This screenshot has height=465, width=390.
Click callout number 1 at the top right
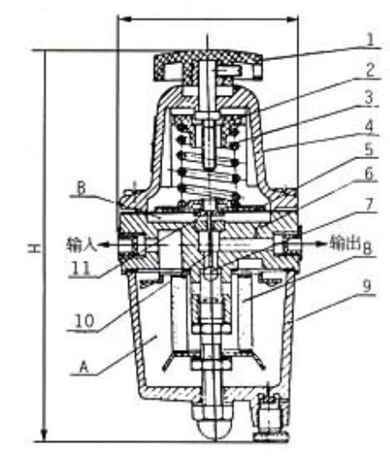(x=369, y=40)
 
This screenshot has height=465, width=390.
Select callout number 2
(x=369, y=70)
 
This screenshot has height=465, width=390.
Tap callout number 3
(x=369, y=97)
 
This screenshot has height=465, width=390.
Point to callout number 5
(x=368, y=149)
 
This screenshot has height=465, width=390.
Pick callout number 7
(x=368, y=206)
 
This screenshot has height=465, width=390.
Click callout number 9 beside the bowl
(x=367, y=286)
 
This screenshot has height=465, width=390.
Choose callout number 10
(x=84, y=320)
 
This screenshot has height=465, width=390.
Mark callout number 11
(x=81, y=268)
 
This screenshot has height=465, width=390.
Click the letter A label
(x=84, y=367)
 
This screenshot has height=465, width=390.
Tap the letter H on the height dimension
(x=34, y=248)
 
